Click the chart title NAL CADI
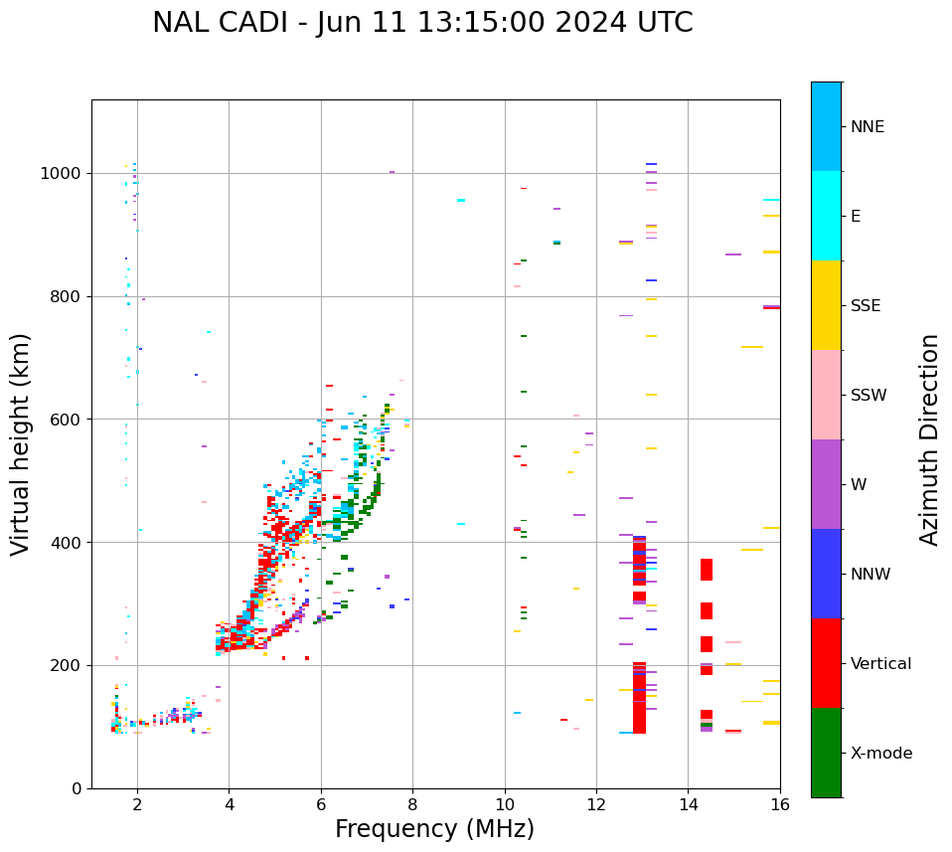pos(422,23)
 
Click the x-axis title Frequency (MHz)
pos(434,829)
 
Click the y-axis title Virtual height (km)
pos(21,443)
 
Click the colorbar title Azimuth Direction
pos(929,439)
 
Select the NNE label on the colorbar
pos(867,127)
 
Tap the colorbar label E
pos(855,217)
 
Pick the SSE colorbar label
pos(865,306)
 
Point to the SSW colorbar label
pos(868,396)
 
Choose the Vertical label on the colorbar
pos(880,664)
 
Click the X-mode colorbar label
pos(881,754)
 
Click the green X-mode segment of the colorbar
pos(826,753)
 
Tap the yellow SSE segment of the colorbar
pos(826,305)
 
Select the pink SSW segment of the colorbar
pos(826,395)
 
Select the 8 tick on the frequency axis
pos(412,804)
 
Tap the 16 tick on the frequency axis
pos(780,804)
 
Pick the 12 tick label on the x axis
pos(596,804)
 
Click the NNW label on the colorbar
pos(871,575)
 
